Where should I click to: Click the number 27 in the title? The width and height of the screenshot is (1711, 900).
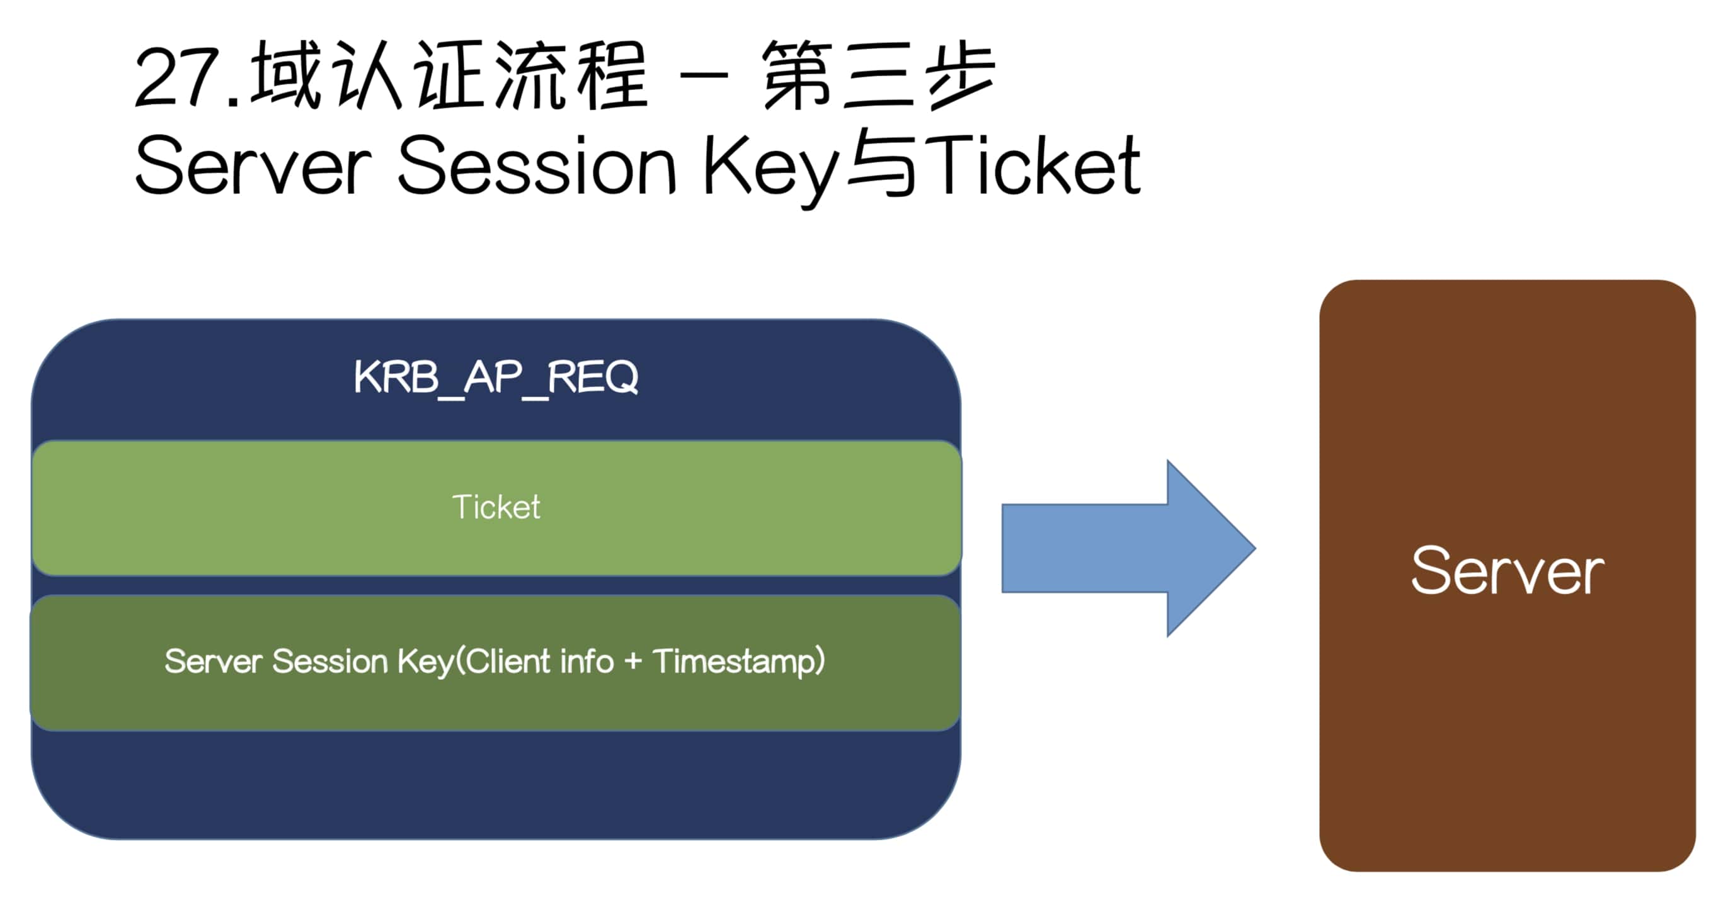click(x=175, y=78)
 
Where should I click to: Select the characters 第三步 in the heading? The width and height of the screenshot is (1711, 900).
click(x=878, y=74)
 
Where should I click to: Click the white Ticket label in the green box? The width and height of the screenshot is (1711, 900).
click(x=496, y=507)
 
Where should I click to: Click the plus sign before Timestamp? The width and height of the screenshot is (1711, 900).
click(x=633, y=661)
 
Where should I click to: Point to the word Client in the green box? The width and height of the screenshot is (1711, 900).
click(x=508, y=661)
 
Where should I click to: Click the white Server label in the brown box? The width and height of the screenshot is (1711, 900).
click(x=1506, y=571)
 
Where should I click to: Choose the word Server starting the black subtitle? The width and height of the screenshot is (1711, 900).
click(x=253, y=165)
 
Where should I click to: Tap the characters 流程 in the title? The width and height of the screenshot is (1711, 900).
click(x=571, y=74)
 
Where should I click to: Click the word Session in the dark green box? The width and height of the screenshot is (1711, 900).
click(x=329, y=661)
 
